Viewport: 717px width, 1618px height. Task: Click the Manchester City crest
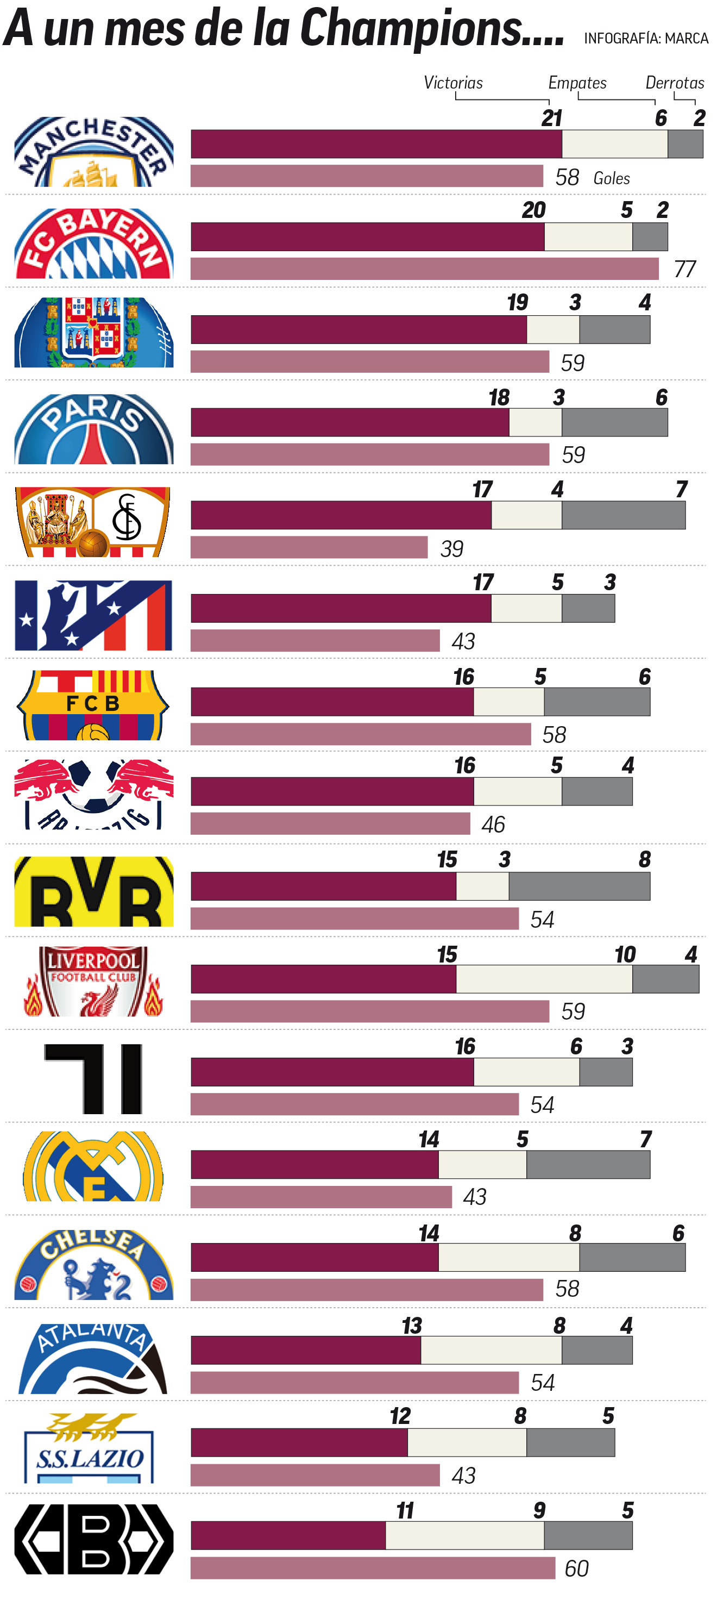[x=93, y=152]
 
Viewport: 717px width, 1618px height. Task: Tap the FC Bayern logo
[x=93, y=243]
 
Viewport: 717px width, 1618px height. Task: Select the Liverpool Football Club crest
[x=93, y=981]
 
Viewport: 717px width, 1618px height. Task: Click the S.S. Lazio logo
[x=89, y=1448]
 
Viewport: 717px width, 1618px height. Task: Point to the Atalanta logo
[x=93, y=1359]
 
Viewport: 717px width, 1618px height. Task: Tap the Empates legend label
[x=577, y=83]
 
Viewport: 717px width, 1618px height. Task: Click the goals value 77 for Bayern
[x=685, y=269]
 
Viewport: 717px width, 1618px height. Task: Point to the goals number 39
[x=452, y=549]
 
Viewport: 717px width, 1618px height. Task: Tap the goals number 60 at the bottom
[x=576, y=1569]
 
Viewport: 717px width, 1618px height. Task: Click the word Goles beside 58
[x=612, y=178]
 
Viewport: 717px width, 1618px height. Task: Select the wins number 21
[x=552, y=118]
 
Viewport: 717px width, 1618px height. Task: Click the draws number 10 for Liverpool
[x=625, y=955]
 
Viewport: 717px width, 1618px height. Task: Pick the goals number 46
[x=494, y=824]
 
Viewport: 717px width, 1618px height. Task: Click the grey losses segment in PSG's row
[x=615, y=423]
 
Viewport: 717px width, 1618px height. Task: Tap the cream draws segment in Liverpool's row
[x=544, y=979]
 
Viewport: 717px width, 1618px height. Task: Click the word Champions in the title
[x=411, y=28]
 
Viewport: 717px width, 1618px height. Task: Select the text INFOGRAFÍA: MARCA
[x=646, y=38]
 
